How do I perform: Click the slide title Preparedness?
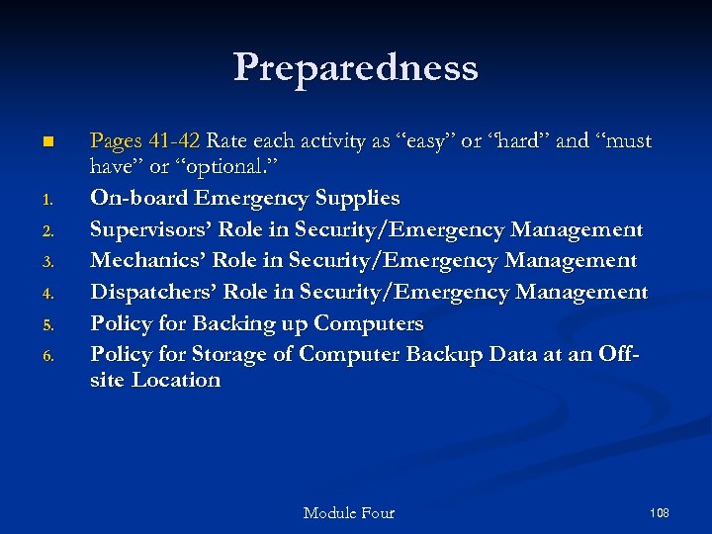[x=356, y=67]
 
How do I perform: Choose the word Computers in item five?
[x=368, y=323]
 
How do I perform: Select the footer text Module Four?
[x=348, y=512]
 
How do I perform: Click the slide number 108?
[x=660, y=512]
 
